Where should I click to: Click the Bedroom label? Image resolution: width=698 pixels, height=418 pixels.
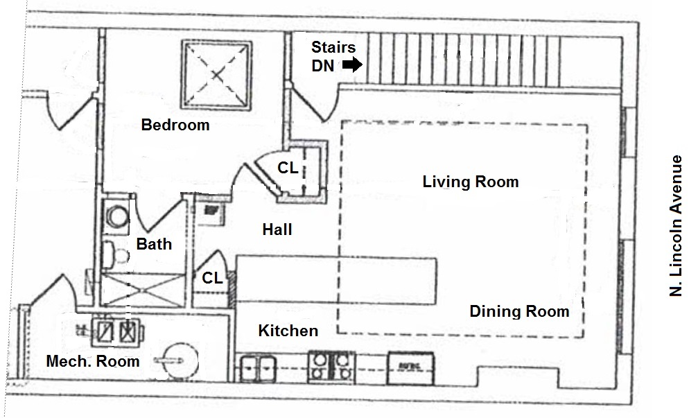coord(175,125)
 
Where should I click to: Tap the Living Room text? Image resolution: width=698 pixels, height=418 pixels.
coord(470,182)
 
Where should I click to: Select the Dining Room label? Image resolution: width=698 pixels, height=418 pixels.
coord(519,311)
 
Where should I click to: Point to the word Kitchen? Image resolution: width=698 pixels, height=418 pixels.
coord(288,331)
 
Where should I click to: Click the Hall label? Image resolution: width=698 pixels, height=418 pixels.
coord(277,229)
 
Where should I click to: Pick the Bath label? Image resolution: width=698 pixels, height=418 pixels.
coord(154,244)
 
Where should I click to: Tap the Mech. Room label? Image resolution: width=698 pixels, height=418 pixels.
coord(92,361)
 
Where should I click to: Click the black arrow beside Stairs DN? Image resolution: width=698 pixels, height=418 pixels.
coord(353,65)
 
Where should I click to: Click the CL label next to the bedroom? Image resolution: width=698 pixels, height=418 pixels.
coord(288,168)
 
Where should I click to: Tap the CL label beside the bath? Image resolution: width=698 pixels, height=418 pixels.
coord(213,278)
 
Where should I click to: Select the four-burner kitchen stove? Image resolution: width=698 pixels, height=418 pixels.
coord(331,365)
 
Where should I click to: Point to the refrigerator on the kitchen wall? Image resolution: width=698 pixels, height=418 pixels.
coord(410,365)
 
